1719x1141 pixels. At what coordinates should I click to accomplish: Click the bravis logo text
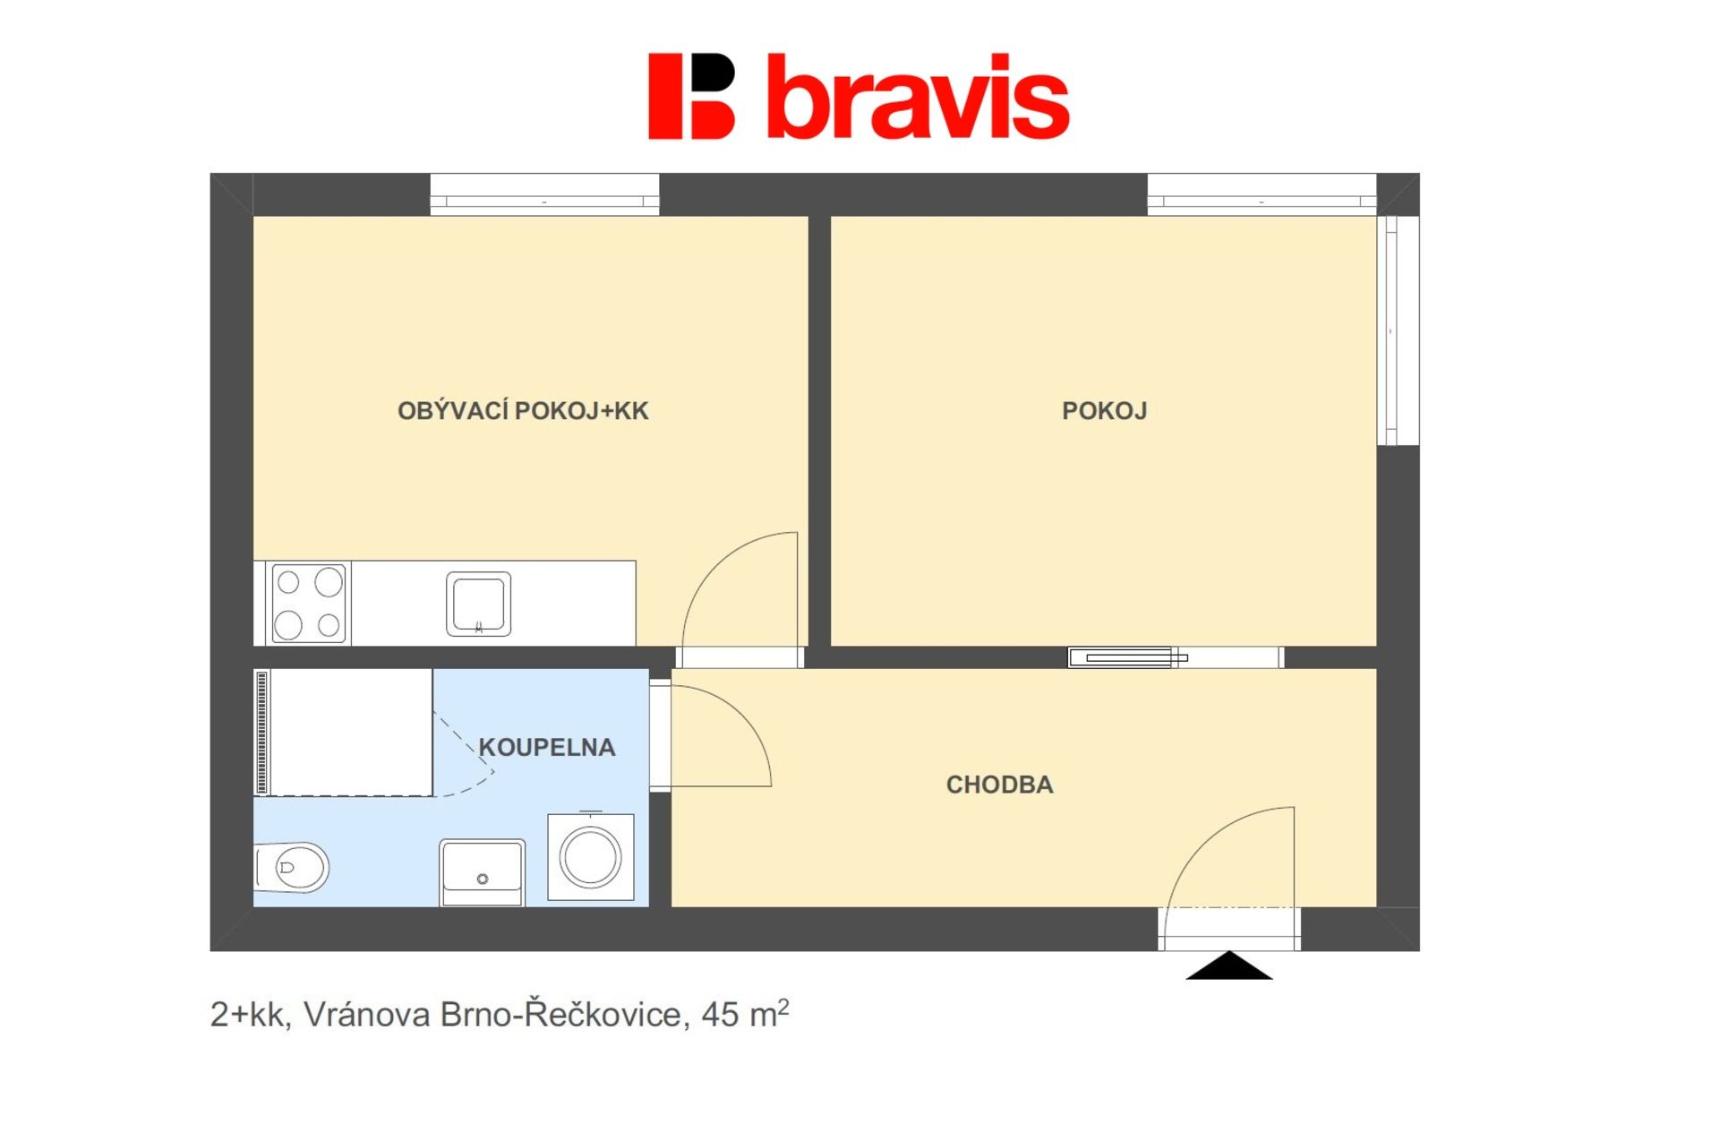[x=918, y=97]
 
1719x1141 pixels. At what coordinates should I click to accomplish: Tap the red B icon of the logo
[x=691, y=97]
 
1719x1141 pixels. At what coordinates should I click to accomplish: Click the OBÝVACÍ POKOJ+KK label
[x=523, y=411]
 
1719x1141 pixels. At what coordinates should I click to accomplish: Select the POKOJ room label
[x=1104, y=411]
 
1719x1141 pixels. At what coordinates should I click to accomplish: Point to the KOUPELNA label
[x=547, y=747]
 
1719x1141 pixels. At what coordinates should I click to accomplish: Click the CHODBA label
[x=999, y=785]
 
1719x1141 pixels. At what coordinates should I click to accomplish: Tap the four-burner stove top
[x=308, y=603]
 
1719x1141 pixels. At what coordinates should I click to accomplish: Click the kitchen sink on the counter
[x=479, y=605]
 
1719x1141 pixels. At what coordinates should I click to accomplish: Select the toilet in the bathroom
[x=292, y=867]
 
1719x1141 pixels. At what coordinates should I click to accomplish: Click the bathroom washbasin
[x=483, y=872]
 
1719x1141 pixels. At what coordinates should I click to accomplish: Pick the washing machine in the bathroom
[x=591, y=856]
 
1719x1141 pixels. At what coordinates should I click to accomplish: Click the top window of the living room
[x=544, y=194]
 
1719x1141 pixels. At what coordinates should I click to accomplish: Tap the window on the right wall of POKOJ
[x=1398, y=330]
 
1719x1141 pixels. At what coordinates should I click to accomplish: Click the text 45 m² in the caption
[x=745, y=1014]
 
